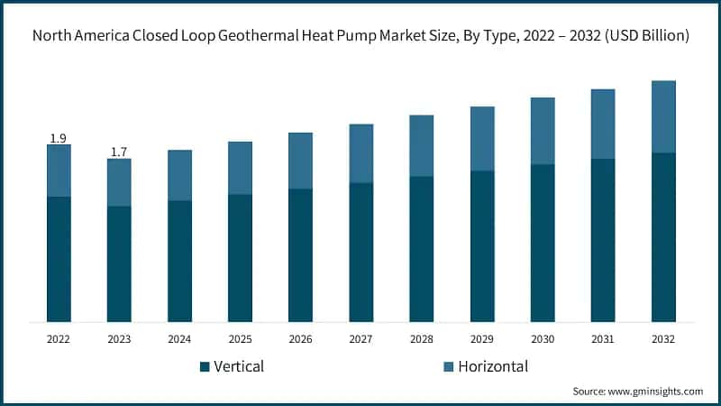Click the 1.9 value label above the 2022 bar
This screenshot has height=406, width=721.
pos(59,138)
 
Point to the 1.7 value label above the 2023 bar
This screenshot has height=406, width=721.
pos(119,152)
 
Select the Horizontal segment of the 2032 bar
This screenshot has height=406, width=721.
pos(663,116)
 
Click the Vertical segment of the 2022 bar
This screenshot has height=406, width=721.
pos(59,259)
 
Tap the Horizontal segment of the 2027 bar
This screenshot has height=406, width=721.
pos(361,153)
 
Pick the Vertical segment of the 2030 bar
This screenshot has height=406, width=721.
pos(543,243)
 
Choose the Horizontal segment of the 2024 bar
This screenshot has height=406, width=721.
pos(179,175)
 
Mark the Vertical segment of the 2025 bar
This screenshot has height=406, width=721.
pos(240,258)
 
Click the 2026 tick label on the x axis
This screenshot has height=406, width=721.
pos(300,339)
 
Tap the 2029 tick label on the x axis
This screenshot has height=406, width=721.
pos(482,339)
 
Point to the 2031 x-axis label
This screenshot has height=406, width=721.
pos(603,339)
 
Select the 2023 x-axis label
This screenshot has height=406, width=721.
pos(119,339)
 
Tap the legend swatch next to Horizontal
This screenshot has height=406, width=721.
pos(447,367)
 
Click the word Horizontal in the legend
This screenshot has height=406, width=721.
pos(493,366)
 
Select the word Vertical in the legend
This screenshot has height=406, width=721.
pos(240,366)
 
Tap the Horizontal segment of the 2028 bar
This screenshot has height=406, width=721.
pos(422,145)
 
